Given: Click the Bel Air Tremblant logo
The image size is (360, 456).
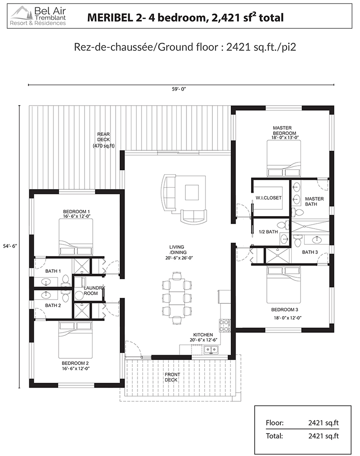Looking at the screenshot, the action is (38, 16).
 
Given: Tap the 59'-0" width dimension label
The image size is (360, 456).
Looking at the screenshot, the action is (179, 89).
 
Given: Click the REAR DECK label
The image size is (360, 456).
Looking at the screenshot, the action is (103, 140).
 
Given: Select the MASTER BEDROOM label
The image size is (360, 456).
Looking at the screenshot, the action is (283, 130).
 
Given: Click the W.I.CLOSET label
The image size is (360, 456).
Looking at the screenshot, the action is (268, 198).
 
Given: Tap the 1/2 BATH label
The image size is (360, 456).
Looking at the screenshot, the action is (268, 232).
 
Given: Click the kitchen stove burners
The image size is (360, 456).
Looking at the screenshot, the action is (225, 325).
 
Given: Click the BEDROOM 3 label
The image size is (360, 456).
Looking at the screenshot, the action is (284, 310).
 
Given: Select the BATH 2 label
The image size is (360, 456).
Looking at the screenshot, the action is (53, 305).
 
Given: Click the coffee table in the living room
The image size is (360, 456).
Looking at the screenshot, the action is (192, 192).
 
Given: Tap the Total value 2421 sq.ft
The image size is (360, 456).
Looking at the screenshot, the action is (324, 436).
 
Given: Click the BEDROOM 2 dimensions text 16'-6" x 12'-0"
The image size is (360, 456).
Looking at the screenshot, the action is (76, 369).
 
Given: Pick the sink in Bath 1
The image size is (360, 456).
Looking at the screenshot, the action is (45, 282).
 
